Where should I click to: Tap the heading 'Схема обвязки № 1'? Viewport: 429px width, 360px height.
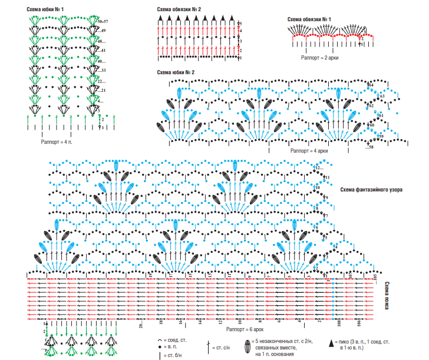pos(309,19)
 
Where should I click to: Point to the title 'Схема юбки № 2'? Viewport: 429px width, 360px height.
pos(176,72)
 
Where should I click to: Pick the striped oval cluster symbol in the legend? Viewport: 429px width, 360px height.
pos(247,344)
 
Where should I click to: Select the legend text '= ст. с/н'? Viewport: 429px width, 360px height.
pos(222,342)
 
